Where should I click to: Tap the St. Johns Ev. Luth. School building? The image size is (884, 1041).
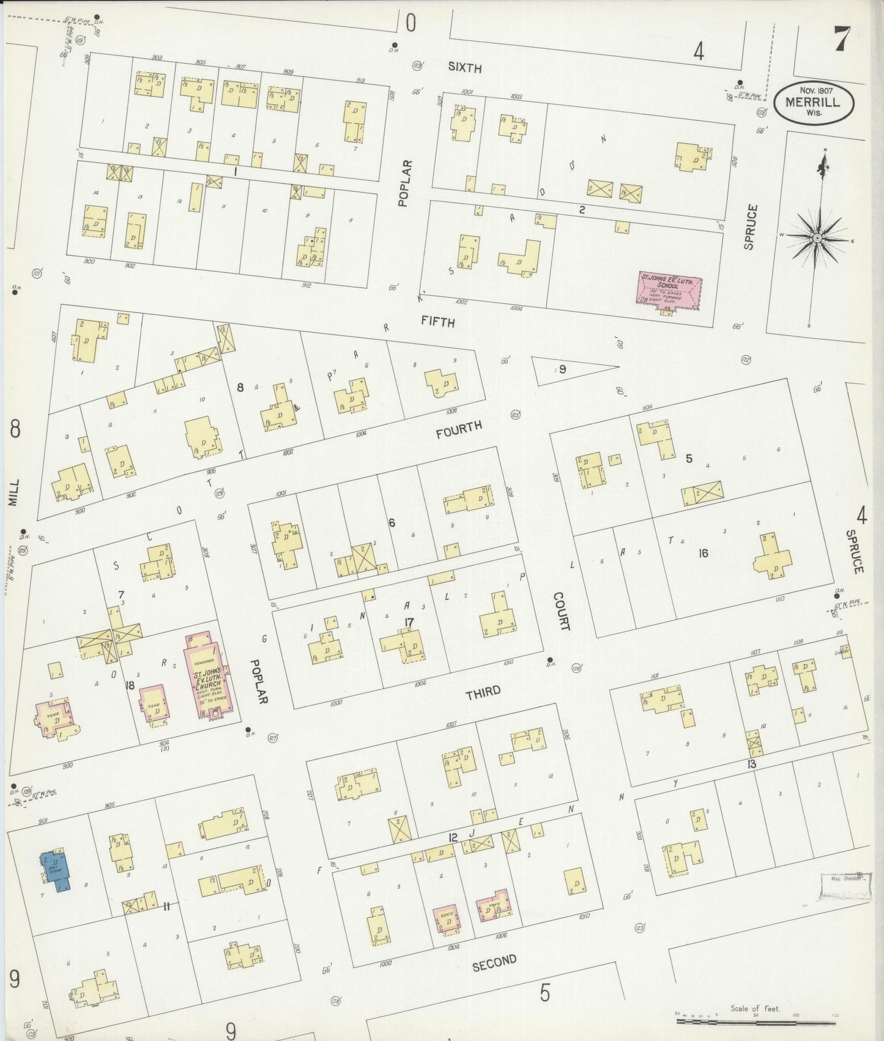(x=669, y=290)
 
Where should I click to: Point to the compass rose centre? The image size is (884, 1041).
(x=817, y=237)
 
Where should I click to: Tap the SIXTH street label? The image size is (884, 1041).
(x=464, y=67)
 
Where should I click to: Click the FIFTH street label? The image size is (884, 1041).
(x=437, y=321)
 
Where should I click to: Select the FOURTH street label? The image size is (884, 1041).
(x=459, y=429)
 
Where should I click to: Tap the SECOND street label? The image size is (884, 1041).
(x=494, y=963)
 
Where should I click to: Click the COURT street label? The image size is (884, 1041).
(x=561, y=611)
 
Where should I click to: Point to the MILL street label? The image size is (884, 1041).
(x=13, y=492)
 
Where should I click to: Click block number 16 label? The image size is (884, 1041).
(x=704, y=553)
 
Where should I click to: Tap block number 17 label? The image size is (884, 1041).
(x=409, y=623)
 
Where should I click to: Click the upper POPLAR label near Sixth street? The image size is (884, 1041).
(x=404, y=183)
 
